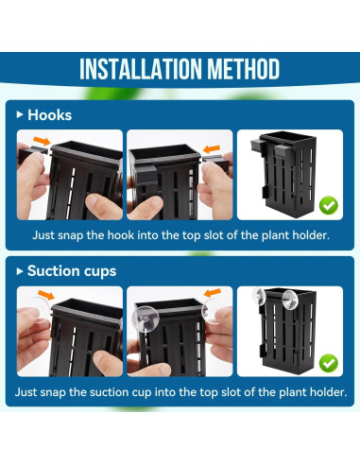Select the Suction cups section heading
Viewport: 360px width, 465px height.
72,271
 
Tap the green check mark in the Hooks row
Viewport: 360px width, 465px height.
327,203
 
